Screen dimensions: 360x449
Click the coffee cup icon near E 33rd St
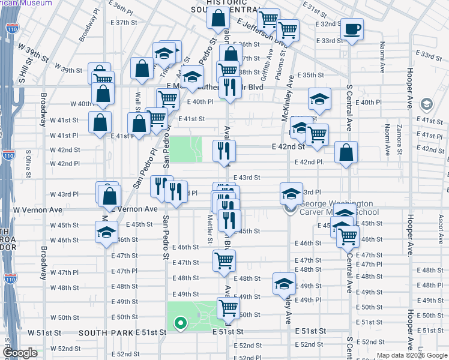coord(352,28)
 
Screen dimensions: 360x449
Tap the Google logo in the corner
coord(20,353)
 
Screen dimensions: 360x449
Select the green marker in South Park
coord(179,324)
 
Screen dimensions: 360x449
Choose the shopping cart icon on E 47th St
coord(224,260)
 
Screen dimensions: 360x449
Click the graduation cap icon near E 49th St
coord(284,284)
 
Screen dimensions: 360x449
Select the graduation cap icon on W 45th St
coord(106,232)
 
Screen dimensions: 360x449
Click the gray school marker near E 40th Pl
coord(427,104)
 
